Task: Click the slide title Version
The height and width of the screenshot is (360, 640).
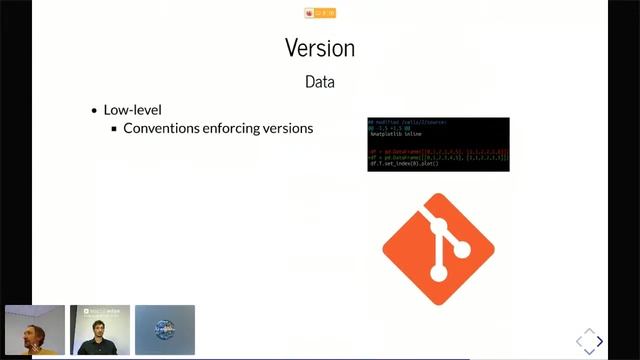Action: [319, 47]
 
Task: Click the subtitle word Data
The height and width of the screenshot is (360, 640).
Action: [319, 82]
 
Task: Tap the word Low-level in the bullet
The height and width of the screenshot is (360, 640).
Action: [133, 110]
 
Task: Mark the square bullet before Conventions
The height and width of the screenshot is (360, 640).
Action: [114, 129]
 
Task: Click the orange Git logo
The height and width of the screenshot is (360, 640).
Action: [438, 241]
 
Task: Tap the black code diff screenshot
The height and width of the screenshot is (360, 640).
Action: [438, 144]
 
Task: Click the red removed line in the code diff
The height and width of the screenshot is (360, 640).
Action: [438, 152]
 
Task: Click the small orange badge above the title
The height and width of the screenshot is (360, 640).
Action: [320, 13]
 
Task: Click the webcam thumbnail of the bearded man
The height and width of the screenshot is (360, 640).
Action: [34, 330]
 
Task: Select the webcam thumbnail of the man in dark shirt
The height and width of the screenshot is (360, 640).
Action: [100, 330]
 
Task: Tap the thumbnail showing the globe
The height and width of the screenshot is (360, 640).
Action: [164, 330]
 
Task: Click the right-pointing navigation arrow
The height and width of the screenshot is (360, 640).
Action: [599, 342]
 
